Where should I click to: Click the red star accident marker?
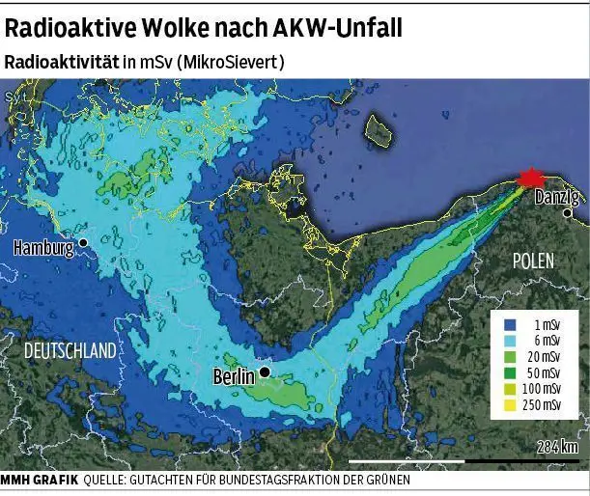(x=530, y=179)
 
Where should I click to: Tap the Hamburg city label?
(x=43, y=248)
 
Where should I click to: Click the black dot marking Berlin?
(x=264, y=372)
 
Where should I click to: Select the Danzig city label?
(x=556, y=198)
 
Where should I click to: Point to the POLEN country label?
(x=534, y=261)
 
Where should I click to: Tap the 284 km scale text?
(x=557, y=447)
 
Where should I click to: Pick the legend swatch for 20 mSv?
(x=513, y=357)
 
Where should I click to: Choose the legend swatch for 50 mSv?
(x=513, y=372)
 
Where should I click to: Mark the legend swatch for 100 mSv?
(x=513, y=388)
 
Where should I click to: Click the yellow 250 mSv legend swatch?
(x=513, y=403)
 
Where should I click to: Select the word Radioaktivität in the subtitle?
(x=61, y=61)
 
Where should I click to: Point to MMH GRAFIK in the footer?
(x=40, y=480)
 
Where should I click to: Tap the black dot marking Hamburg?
(x=84, y=242)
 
